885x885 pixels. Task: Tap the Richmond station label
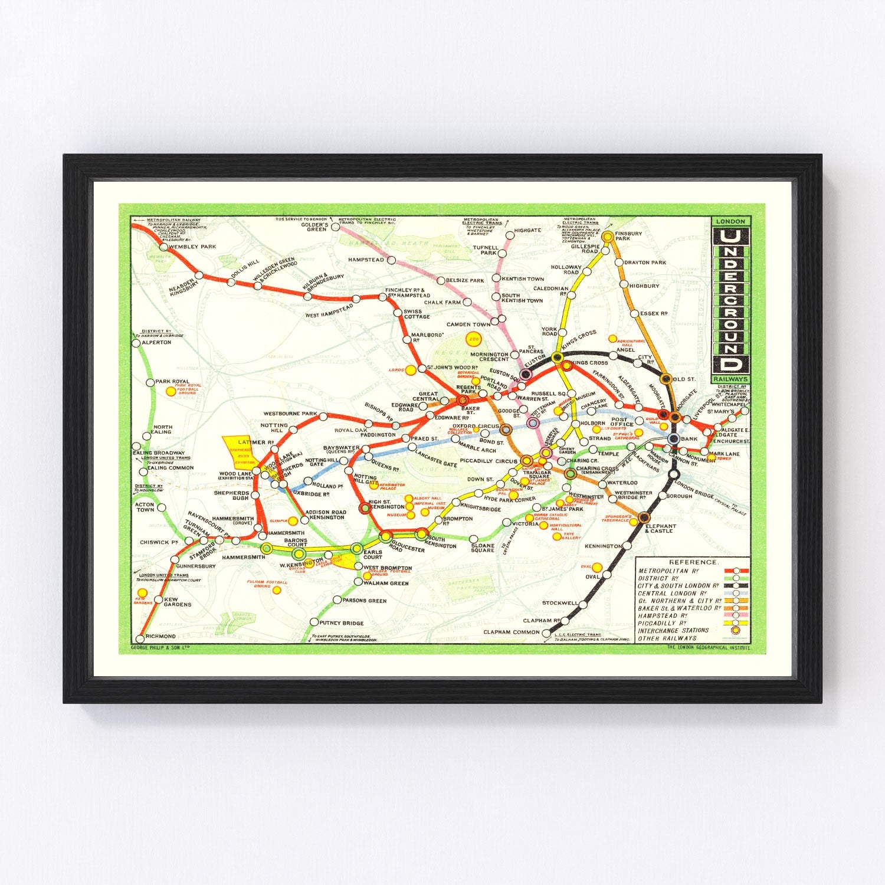tap(160, 636)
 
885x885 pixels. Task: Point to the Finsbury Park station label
tap(628, 236)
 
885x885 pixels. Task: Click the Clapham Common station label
tap(512, 632)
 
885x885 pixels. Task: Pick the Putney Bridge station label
tap(342, 623)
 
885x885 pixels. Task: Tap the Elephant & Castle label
tap(661, 529)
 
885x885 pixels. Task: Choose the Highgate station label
tap(527, 231)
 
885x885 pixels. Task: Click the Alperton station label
tap(156, 342)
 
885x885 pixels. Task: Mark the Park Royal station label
tap(172, 382)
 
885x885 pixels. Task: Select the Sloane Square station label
tap(483, 548)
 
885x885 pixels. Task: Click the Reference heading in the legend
tap(693, 562)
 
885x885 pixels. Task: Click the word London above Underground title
tap(730, 221)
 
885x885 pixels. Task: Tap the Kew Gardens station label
tap(178, 602)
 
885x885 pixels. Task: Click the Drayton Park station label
tap(645, 263)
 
